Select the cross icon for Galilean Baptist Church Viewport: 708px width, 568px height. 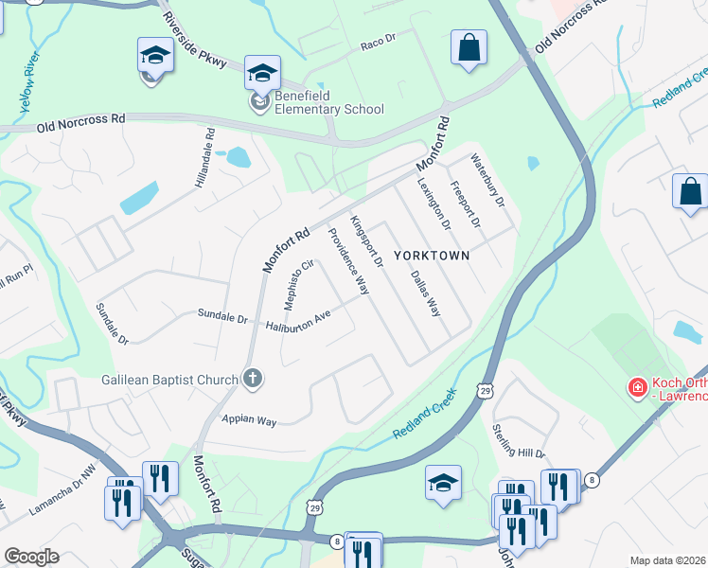252,379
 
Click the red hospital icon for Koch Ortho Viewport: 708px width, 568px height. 638,387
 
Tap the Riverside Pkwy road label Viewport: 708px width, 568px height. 194,41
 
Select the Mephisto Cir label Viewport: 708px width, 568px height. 298,285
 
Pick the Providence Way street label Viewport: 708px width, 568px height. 348,261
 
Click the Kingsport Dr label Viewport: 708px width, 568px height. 365,240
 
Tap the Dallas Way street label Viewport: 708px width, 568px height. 426,293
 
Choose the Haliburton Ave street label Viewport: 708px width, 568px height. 297,322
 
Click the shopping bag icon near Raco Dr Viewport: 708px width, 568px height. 469,48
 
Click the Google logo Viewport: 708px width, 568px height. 31,556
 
